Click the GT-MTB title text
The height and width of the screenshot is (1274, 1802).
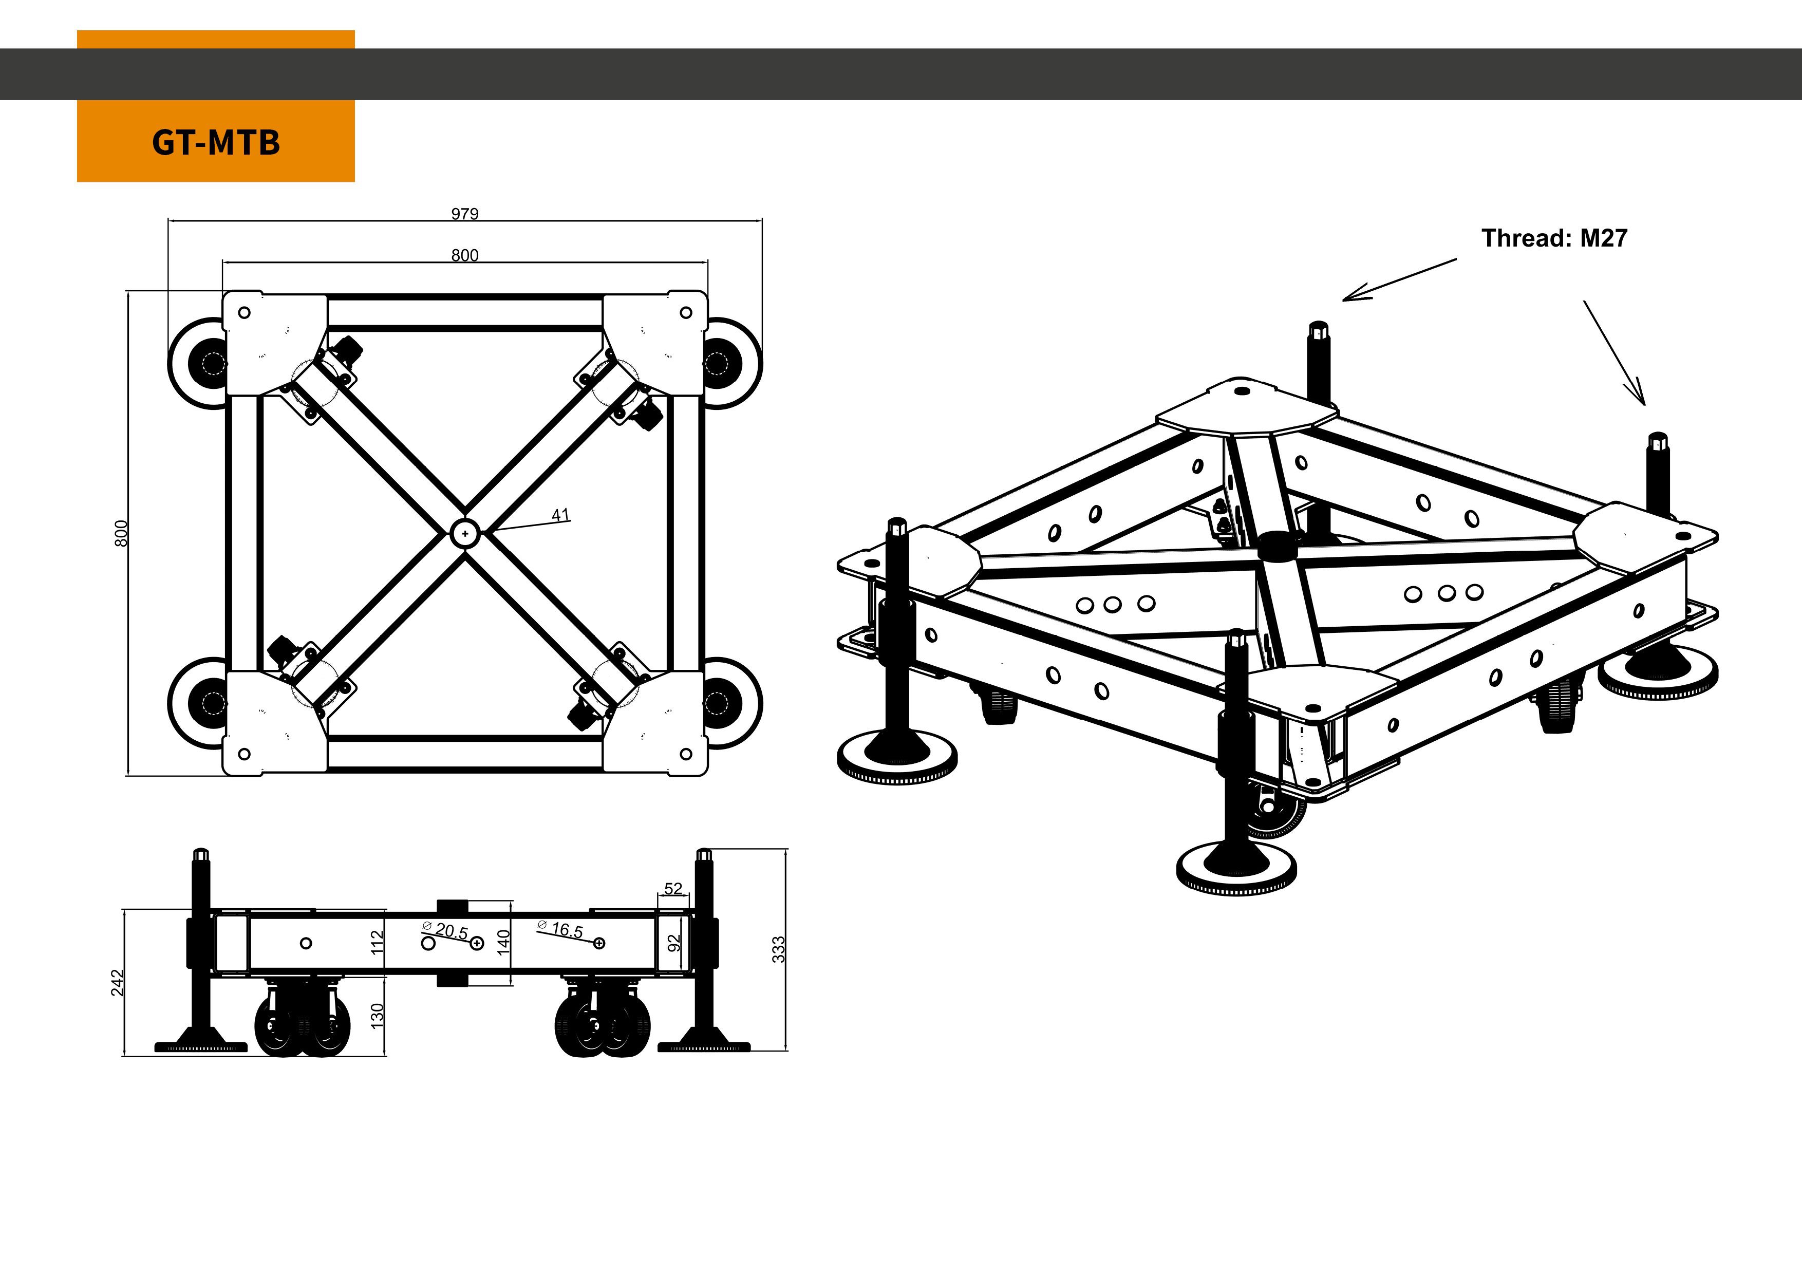(216, 143)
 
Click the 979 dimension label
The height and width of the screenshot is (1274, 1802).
(465, 214)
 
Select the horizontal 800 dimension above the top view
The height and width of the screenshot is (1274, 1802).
(465, 255)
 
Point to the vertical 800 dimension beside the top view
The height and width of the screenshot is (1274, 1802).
(121, 533)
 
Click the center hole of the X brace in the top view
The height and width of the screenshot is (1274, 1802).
(465, 533)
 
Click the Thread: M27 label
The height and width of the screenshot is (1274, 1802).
(1554, 238)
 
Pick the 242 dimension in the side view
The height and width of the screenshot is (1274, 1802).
(117, 983)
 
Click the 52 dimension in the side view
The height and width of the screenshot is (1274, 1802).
(673, 889)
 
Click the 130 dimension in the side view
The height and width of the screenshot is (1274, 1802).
(378, 1016)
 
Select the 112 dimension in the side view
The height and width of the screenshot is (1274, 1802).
(378, 942)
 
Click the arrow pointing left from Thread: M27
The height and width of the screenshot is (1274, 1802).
(1397, 280)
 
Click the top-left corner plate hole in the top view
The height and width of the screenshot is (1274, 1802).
(244, 312)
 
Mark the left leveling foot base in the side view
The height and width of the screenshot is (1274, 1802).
(201, 1045)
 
